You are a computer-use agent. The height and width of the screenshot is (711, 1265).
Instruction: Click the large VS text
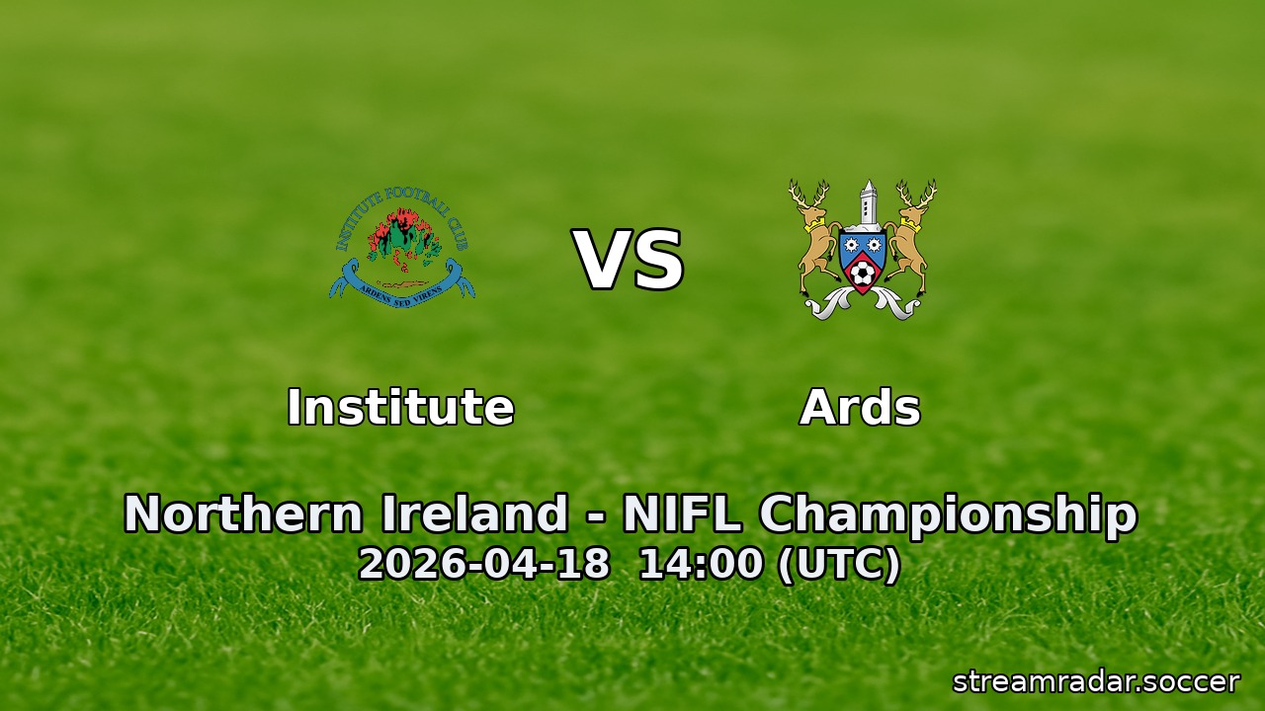tap(629, 262)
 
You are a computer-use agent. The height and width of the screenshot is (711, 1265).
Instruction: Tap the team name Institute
tap(400, 407)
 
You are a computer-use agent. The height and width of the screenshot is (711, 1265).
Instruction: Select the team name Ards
tap(860, 407)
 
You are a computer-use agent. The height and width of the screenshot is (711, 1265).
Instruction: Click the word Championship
tap(948, 514)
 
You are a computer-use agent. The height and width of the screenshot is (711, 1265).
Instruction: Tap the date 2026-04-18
tap(483, 564)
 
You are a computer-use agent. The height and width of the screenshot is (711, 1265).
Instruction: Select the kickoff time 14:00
tap(701, 564)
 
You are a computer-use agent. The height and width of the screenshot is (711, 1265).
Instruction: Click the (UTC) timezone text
tap(839, 564)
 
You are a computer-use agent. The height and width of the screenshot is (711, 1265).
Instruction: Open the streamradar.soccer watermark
tap(1095, 681)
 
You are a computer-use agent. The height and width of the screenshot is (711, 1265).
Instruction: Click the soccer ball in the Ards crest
tap(863, 273)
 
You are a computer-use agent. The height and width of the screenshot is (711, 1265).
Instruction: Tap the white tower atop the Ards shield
tap(867, 202)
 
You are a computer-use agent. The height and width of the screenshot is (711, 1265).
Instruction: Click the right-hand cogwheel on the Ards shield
tap(876, 243)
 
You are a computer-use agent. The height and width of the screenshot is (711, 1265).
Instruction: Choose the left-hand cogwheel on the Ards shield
tap(850, 243)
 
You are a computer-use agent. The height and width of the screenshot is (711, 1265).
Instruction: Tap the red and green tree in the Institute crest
tap(400, 238)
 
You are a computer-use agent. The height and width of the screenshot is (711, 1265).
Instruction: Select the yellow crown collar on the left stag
tap(814, 225)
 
